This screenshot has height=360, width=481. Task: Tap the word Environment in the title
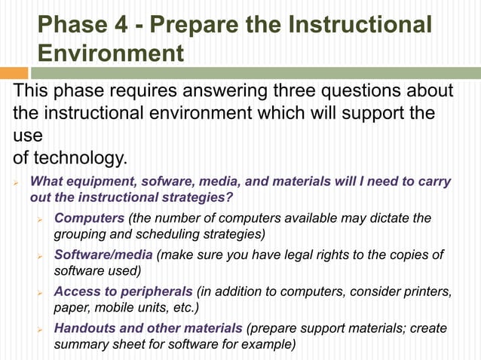click(x=111, y=53)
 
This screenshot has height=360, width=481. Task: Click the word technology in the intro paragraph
click(x=75, y=160)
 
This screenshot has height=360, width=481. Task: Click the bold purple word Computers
click(x=89, y=218)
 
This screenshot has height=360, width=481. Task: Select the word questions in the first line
click(x=368, y=91)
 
